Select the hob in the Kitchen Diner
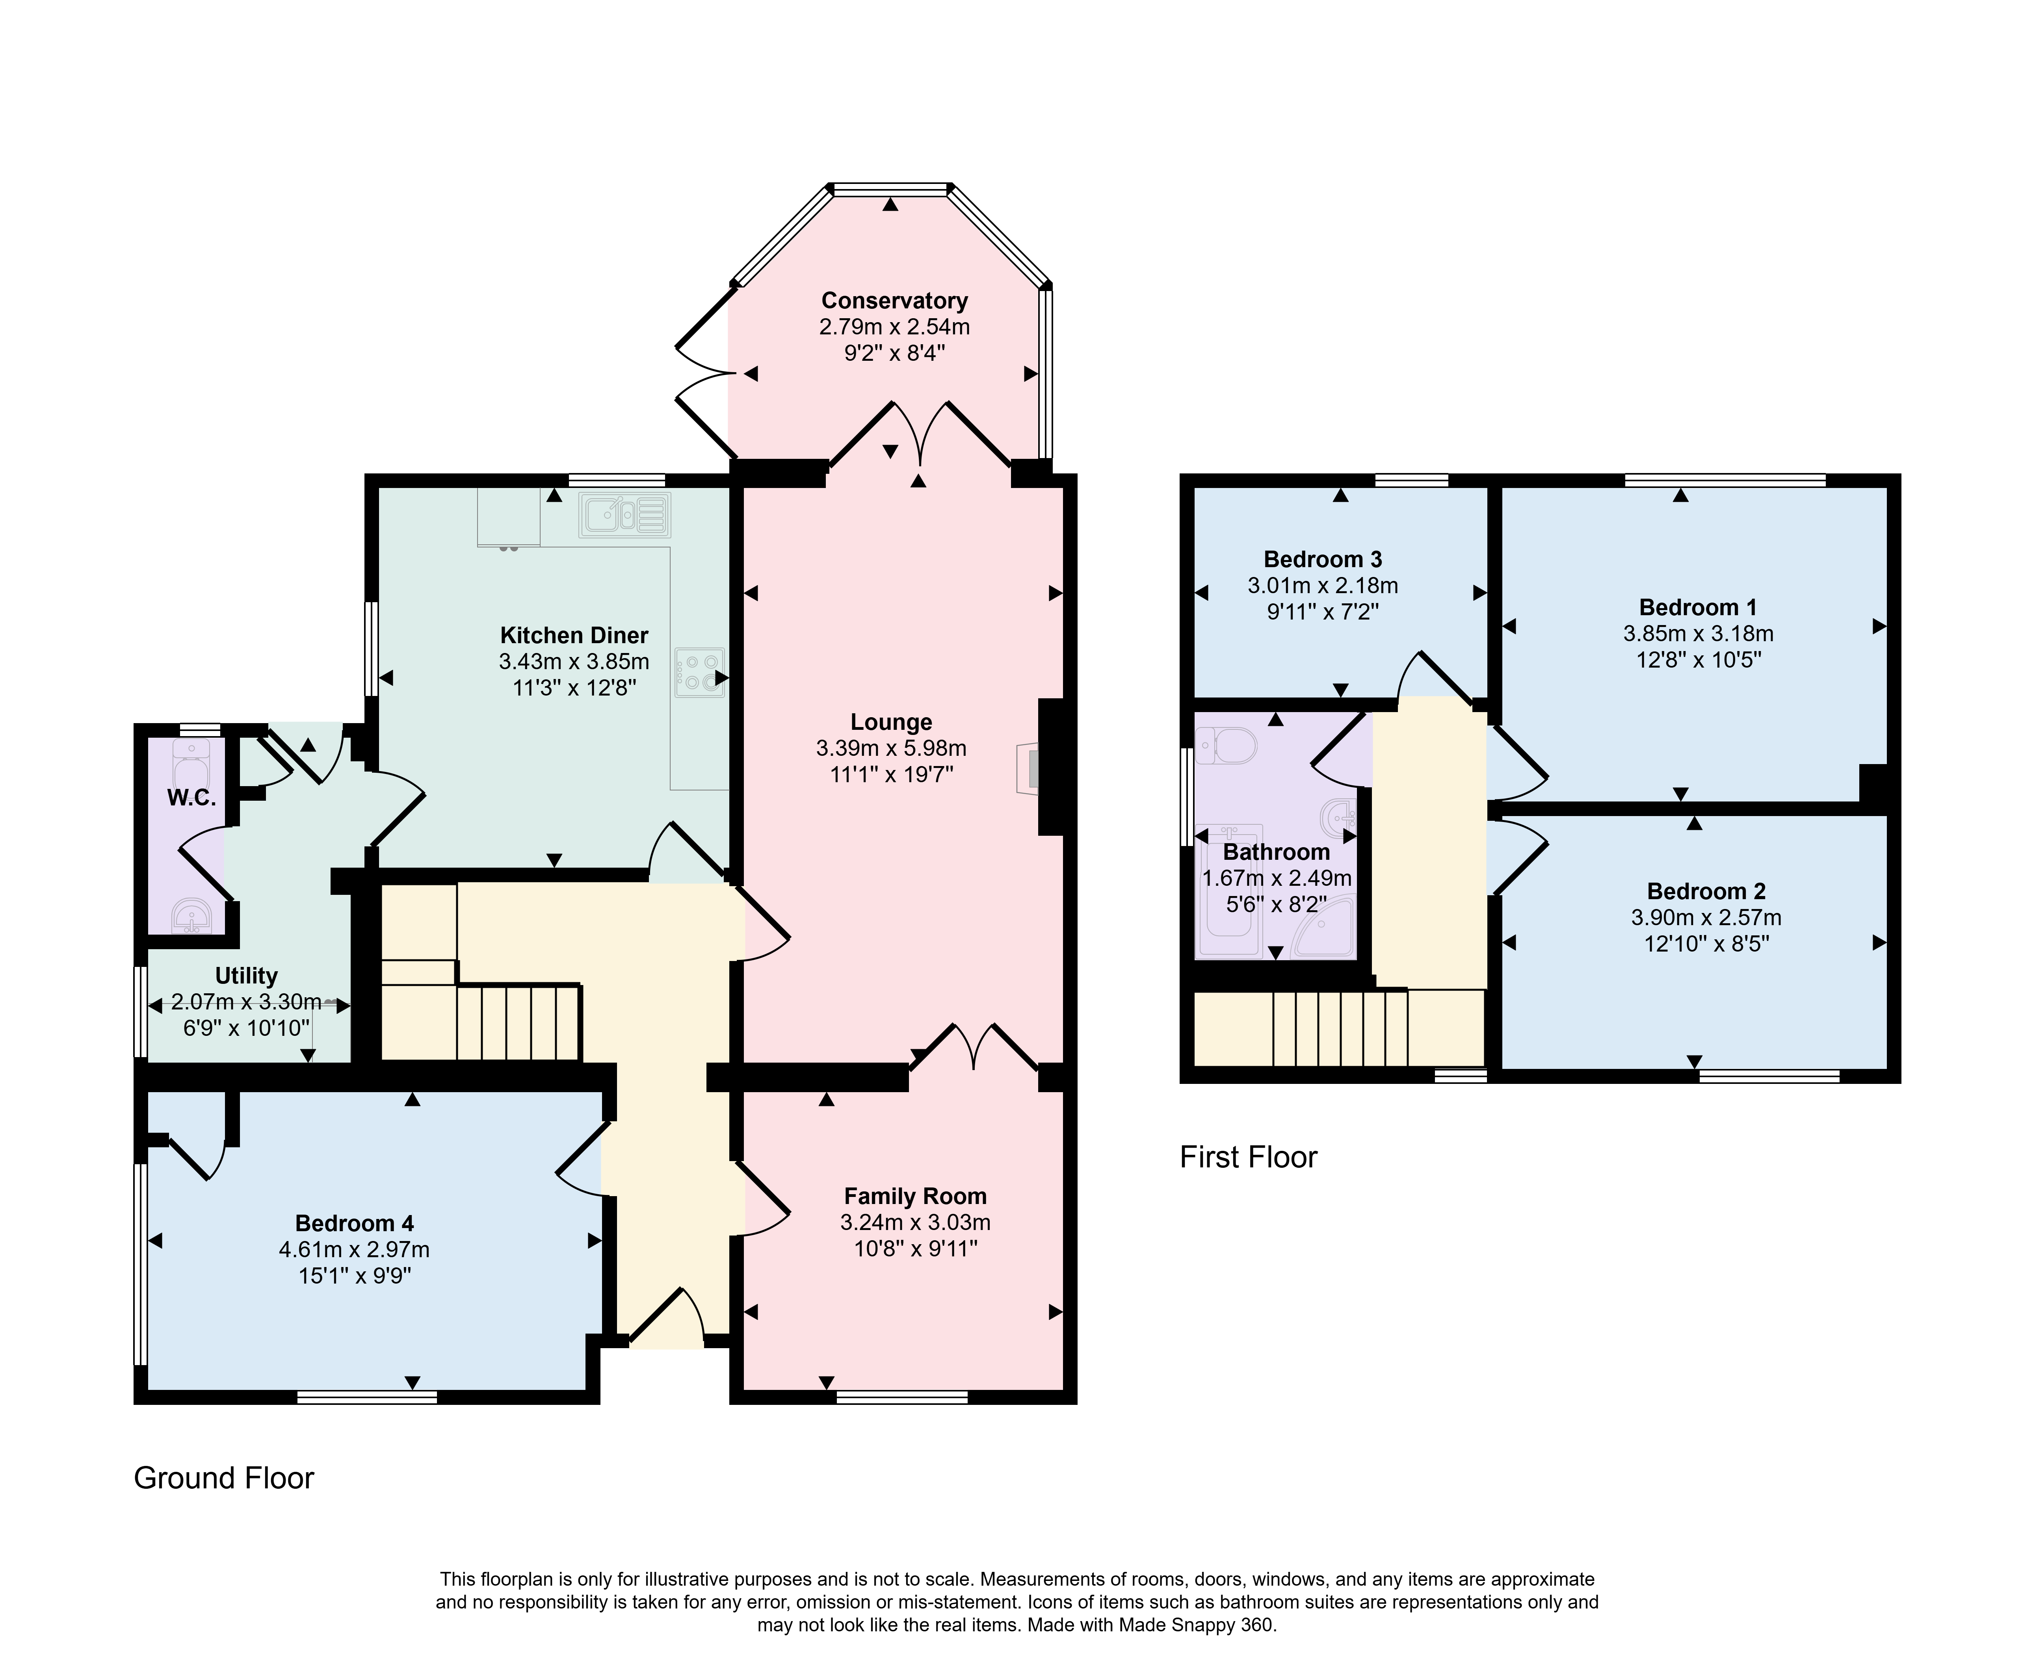[700, 672]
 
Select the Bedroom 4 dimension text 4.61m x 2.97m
[354, 1249]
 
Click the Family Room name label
[915, 1196]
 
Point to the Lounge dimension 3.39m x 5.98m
[891, 748]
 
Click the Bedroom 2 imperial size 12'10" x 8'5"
[1706, 943]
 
